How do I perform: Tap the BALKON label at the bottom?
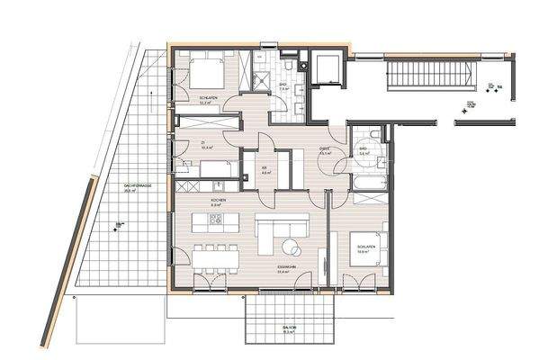pos(287,327)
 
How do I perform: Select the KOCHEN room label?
pos(216,200)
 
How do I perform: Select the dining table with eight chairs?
pos(215,256)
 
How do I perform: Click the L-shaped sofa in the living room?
pos(274,234)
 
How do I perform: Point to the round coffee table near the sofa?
pos(292,246)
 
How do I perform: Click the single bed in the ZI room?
pos(217,169)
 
